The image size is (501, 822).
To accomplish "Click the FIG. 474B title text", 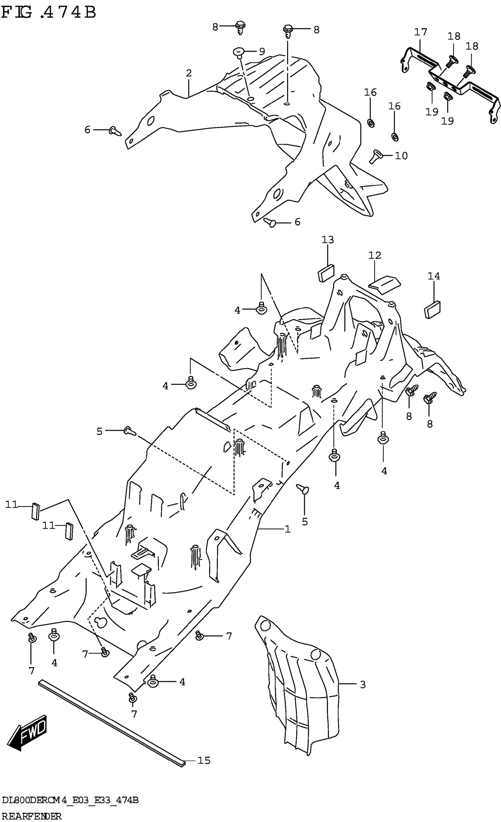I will click(49, 13).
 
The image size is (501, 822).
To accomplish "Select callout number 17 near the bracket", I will click(421, 32).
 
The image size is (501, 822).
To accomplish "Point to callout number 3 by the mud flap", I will click(363, 685).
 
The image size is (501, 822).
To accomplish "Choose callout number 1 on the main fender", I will click(288, 529).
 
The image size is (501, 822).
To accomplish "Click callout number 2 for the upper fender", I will click(189, 73).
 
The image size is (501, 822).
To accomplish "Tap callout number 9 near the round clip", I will click(262, 51).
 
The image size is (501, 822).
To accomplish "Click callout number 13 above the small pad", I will click(327, 240).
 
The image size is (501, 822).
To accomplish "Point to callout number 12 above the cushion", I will click(375, 255).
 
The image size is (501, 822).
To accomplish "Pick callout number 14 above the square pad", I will click(434, 276).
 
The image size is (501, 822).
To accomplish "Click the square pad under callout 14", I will click(432, 310).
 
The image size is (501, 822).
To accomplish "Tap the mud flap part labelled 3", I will click(300, 687).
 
